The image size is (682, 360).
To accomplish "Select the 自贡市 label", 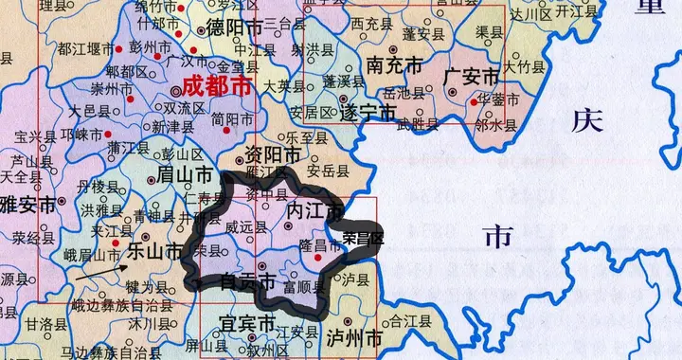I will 247,281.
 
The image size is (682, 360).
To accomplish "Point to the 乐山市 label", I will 154,251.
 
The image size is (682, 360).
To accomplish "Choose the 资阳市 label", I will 274,154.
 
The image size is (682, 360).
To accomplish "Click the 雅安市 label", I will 28,203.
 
